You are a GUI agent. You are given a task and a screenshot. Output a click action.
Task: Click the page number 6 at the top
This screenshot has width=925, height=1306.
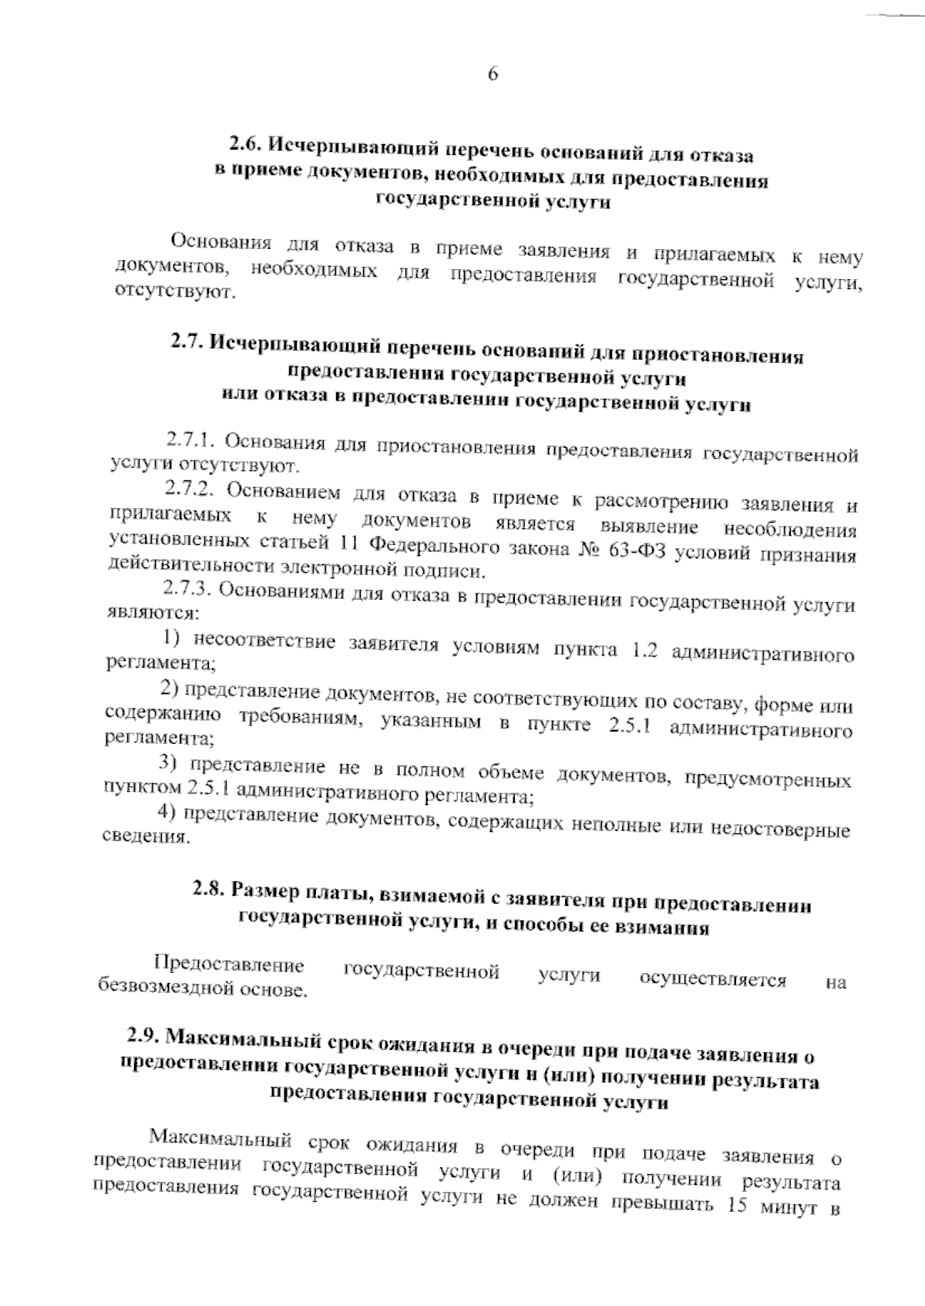493,74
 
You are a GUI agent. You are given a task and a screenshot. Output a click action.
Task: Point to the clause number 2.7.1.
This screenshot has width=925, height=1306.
189,440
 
